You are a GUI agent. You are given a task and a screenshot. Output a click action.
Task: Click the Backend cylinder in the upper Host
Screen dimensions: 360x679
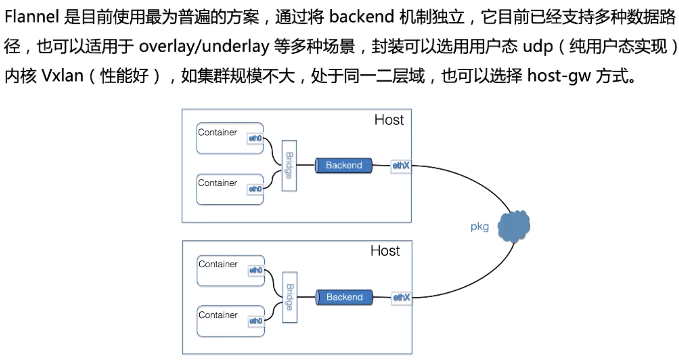[344, 165]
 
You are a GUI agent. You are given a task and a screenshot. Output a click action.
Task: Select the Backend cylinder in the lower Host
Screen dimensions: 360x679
[344, 297]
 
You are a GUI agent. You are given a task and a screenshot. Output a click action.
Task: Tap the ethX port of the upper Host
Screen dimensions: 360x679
[401, 165]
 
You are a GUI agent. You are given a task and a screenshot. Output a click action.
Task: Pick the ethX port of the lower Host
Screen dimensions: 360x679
[402, 297]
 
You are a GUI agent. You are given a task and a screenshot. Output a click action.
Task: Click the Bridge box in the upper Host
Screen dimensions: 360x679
[289, 165]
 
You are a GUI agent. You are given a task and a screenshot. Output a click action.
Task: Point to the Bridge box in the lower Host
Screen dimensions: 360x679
[290, 297]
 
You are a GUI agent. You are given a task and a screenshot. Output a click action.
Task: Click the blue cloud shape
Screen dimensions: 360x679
[514, 226]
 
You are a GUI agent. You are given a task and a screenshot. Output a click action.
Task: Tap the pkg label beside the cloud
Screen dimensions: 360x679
[480, 227]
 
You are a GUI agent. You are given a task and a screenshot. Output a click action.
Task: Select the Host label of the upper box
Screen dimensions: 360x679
[389, 120]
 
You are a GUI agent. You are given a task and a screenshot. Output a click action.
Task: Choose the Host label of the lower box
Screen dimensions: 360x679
[385, 251]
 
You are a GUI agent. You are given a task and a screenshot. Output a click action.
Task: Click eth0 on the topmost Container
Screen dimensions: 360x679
[255, 138]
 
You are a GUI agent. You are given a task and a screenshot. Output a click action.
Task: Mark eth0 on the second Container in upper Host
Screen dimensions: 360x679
[255, 189]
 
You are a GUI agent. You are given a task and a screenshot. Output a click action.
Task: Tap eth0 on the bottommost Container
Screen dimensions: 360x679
[256, 321]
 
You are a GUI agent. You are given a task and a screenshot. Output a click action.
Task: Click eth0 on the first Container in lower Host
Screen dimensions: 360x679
[256, 270]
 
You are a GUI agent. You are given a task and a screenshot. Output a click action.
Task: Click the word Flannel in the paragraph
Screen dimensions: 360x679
[32, 17]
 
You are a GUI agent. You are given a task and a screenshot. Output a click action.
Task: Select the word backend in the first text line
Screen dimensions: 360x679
[361, 17]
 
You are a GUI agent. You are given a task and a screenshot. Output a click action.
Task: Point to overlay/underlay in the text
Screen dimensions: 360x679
[204, 47]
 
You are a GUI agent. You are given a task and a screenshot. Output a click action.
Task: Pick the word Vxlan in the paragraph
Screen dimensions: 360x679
[63, 76]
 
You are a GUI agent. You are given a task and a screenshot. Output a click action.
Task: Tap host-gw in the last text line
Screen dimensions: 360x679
[559, 76]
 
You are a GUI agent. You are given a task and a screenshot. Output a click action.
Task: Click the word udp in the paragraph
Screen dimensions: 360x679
[538, 47]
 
